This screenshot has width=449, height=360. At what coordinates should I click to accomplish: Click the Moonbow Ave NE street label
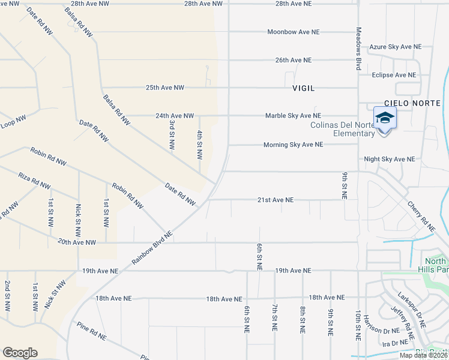[x=294, y=32]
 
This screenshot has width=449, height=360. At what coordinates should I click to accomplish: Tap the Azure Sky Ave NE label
[x=396, y=46]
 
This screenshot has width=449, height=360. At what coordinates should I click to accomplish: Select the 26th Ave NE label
[x=294, y=60]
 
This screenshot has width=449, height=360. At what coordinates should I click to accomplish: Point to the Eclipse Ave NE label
[x=394, y=75]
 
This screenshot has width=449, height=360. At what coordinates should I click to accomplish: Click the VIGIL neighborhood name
[x=303, y=88]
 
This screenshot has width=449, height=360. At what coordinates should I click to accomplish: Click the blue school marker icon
[x=384, y=118]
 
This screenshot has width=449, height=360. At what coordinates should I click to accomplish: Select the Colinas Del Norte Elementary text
[x=343, y=129]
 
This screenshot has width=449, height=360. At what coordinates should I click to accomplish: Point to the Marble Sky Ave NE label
[x=294, y=115]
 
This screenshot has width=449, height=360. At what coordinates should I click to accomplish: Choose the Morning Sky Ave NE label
[x=294, y=145]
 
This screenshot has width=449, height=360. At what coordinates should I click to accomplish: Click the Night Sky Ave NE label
[x=390, y=159]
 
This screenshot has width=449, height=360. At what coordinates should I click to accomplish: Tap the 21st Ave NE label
[x=276, y=200]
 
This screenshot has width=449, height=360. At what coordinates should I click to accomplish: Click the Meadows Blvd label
[x=358, y=49]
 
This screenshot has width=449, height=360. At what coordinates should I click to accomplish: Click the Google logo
[x=20, y=353]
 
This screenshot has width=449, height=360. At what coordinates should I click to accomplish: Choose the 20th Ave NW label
[x=77, y=242]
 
